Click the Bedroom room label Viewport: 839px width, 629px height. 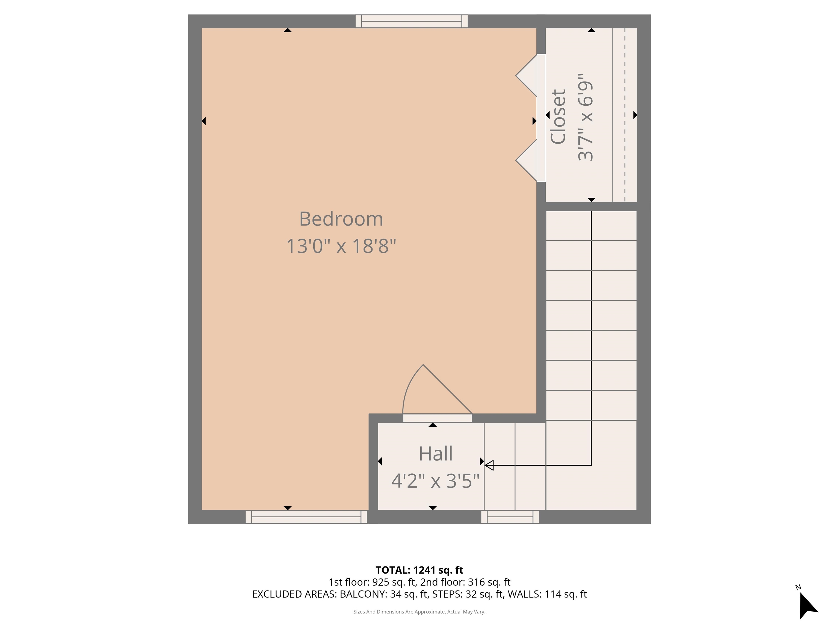coord(341,219)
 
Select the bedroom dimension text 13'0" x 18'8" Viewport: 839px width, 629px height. coord(341,246)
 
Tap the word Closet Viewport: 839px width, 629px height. coord(558,117)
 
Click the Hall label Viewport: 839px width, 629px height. coord(435,454)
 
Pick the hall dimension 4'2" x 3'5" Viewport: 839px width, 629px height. coord(435,481)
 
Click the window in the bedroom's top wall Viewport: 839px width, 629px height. coord(412,21)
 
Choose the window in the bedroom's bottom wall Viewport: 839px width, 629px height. coord(306,517)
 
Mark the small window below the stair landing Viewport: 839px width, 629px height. coord(510,517)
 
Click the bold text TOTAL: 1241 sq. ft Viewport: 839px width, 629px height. coord(419,570)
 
